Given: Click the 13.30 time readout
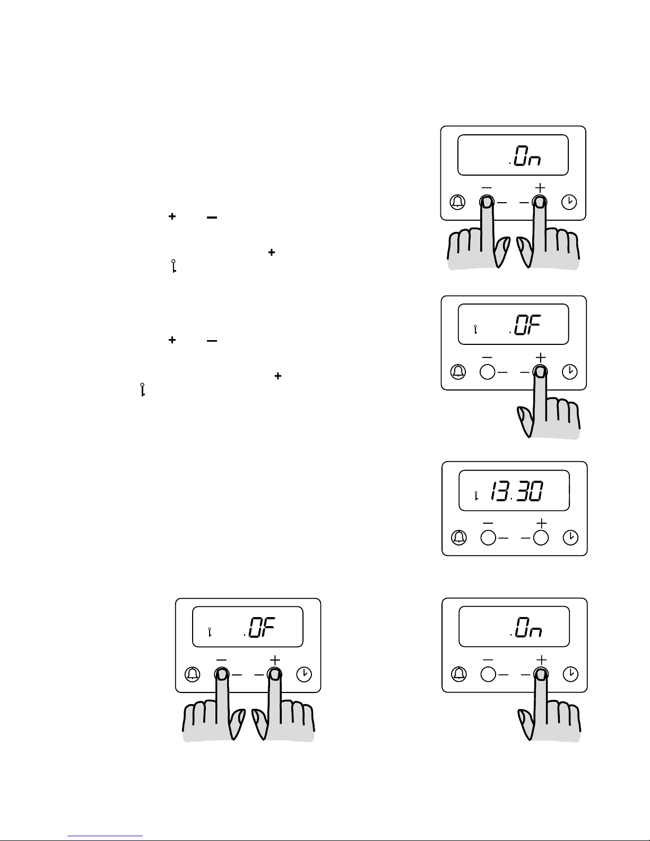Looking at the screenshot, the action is (x=516, y=491).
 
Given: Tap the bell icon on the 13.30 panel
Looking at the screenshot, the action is (x=459, y=537).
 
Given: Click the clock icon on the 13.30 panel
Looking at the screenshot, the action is (x=570, y=537).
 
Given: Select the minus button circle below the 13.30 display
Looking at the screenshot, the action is (x=488, y=537).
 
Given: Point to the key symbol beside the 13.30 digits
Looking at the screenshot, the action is (x=476, y=496).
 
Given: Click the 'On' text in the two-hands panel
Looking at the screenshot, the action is (x=527, y=155).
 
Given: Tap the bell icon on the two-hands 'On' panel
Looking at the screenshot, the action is (x=458, y=202).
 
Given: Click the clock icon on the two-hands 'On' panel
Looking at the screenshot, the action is (x=569, y=202).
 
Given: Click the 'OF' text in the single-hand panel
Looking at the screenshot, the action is (x=527, y=324).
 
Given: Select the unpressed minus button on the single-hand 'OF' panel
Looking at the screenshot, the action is (x=488, y=372).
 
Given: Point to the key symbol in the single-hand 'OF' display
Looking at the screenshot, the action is (x=475, y=330).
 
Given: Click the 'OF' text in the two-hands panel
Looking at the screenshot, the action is (x=262, y=627).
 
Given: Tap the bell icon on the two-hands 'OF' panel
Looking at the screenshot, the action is (x=192, y=674).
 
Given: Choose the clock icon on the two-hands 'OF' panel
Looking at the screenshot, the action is (x=304, y=674).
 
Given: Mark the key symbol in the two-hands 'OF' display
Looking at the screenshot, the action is (x=210, y=632).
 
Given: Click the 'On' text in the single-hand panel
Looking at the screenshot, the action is (x=528, y=627).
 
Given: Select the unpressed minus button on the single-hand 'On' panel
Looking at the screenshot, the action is (x=488, y=674).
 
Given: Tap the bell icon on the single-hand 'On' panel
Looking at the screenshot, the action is (x=459, y=674).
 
